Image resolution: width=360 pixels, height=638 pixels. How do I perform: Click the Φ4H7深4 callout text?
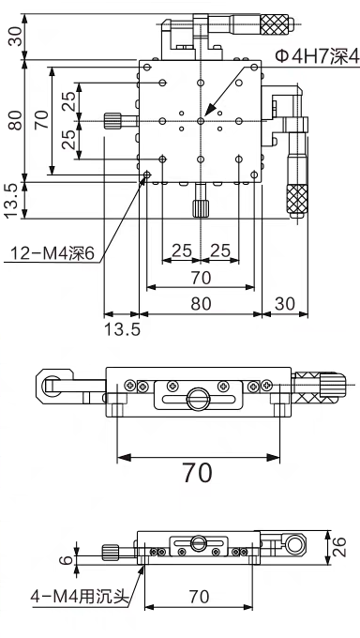pyautogui.click(x=317, y=56)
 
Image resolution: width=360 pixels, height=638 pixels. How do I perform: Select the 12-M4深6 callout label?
pyautogui.click(x=52, y=253)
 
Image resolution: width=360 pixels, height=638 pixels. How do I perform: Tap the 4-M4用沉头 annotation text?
pyautogui.click(x=80, y=597)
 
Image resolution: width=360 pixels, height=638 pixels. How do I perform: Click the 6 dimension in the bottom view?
pyautogui.click(x=68, y=560)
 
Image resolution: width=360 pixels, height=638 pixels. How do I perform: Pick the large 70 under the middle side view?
pyautogui.click(x=197, y=473)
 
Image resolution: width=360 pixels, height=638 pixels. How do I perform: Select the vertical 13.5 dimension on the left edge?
pyautogui.click(x=11, y=200)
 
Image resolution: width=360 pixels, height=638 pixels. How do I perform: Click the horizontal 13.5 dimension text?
pyautogui.click(x=122, y=329)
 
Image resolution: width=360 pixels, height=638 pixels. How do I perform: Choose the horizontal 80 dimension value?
pyautogui.click(x=201, y=304)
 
